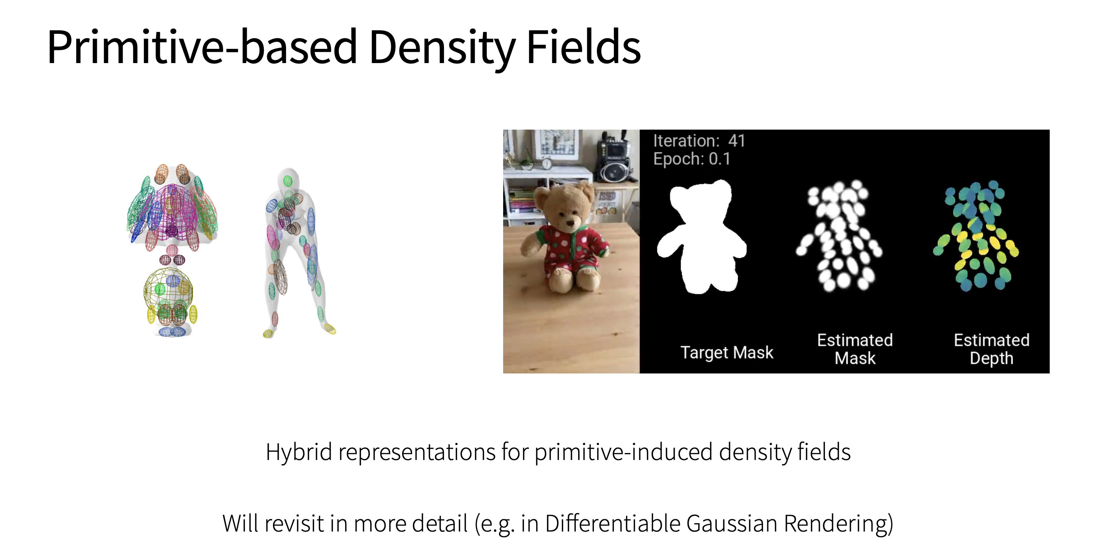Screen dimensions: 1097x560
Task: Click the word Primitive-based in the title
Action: point(202,48)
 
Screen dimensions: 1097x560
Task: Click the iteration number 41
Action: point(737,141)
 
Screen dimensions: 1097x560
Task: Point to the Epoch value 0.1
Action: point(720,159)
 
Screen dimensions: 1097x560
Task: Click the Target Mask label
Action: point(727,353)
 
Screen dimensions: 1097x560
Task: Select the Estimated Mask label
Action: point(855,350)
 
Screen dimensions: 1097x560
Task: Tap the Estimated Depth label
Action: point(992,350)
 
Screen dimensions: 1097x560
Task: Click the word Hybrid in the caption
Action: point(299,453)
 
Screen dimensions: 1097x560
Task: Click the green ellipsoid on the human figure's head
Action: point(288,181)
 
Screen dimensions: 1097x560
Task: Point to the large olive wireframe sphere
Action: point(168,292)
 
